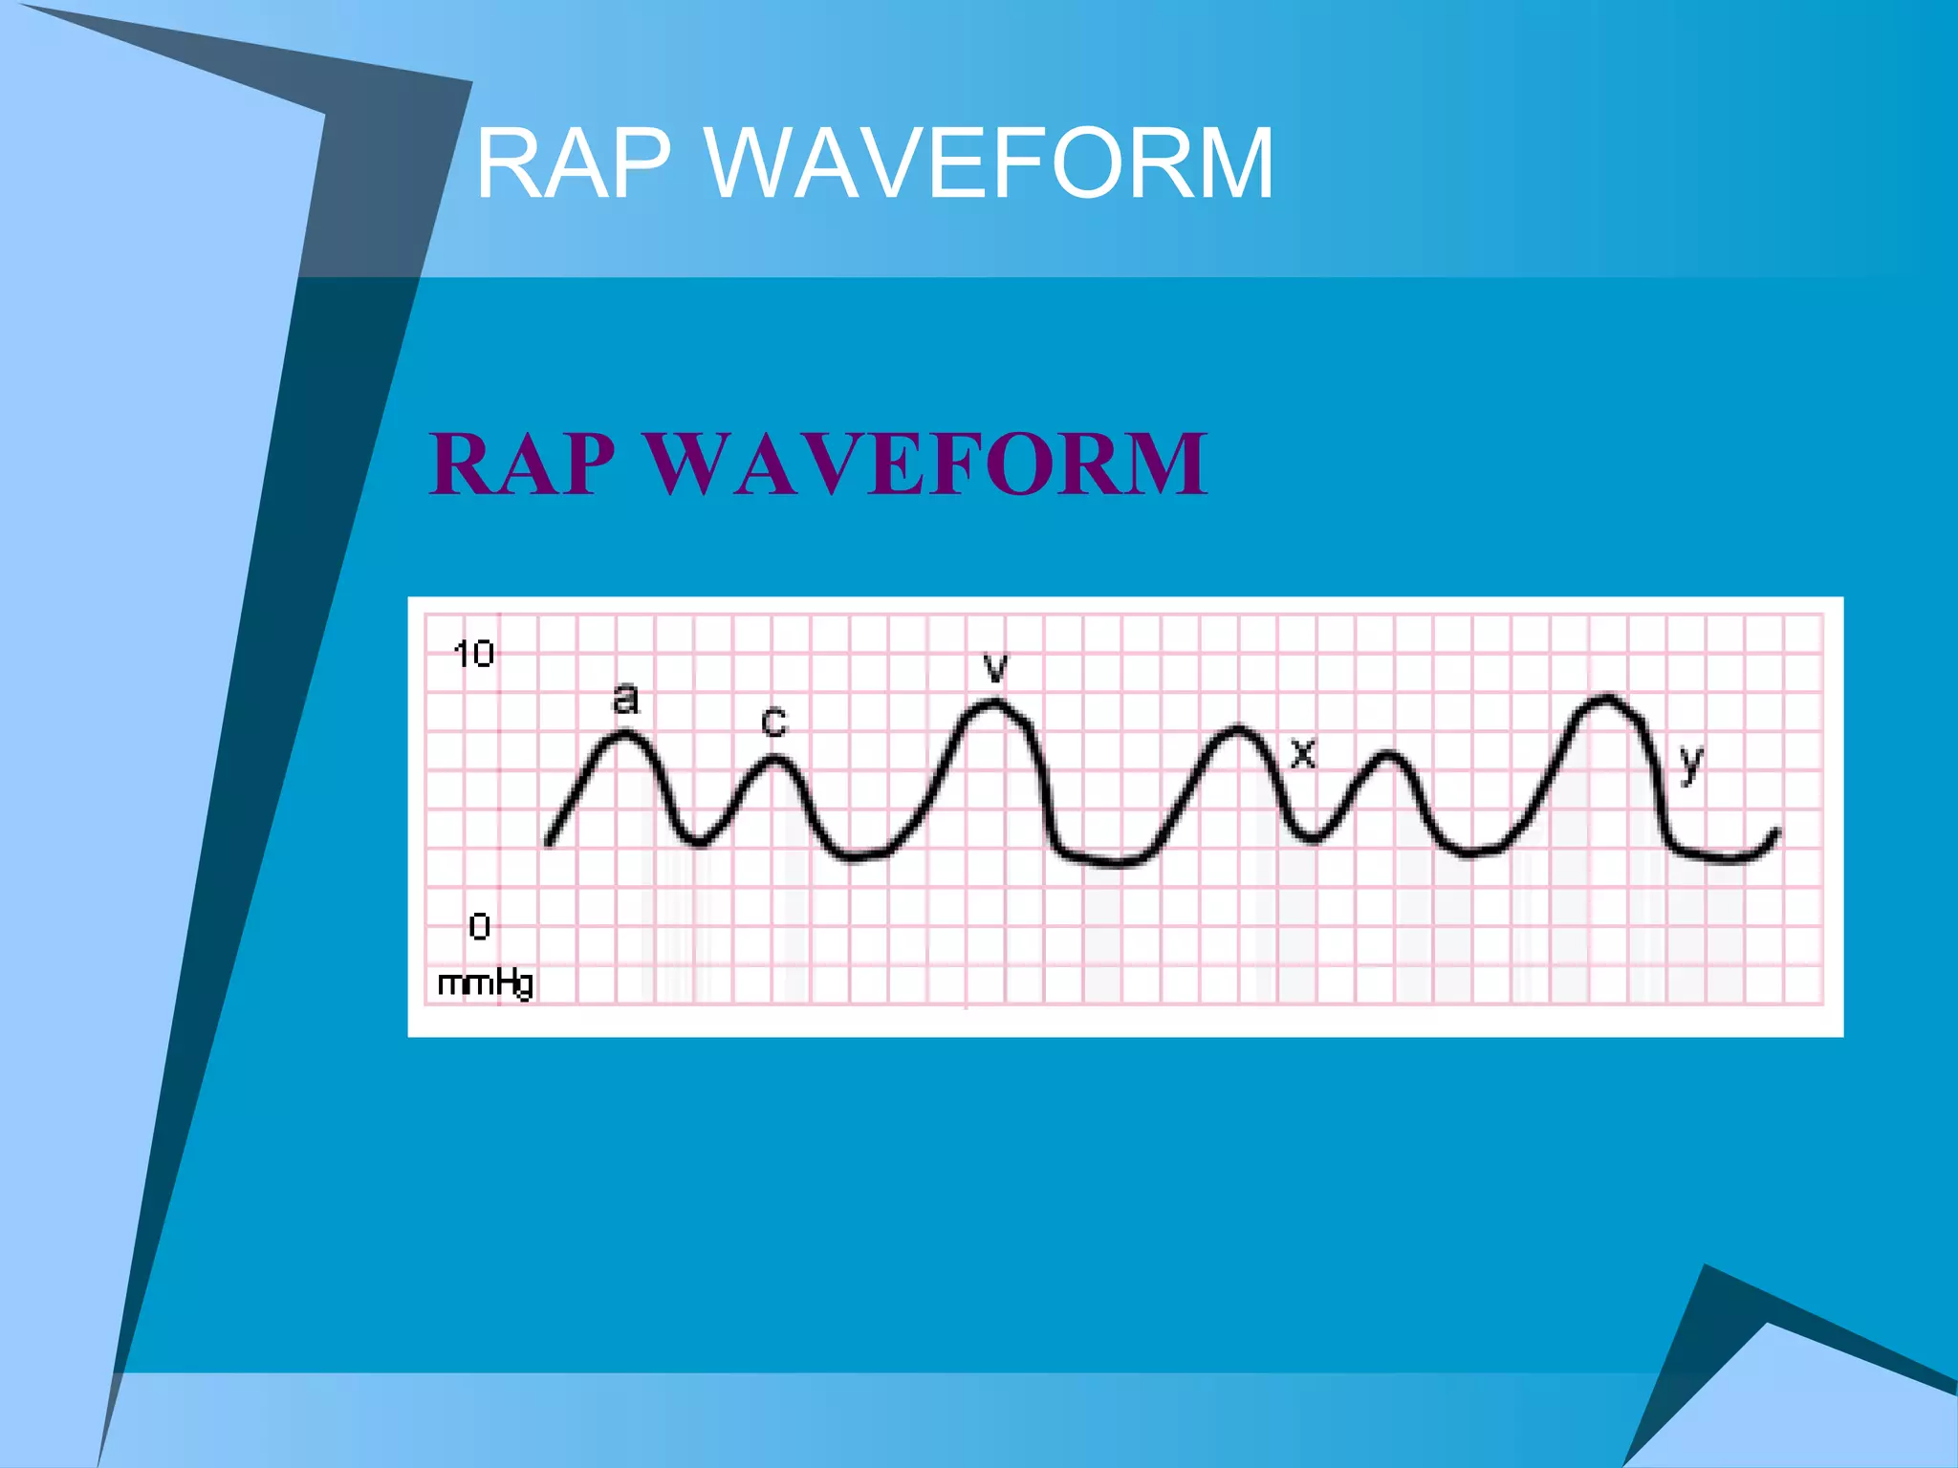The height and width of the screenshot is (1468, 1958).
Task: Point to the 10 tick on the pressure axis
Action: (x=473, y=655)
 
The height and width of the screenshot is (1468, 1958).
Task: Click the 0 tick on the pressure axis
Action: (x=479, y=926)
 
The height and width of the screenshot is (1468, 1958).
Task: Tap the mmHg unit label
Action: (x=485, y=982)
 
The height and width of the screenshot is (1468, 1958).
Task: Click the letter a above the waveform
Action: (x=624, y=699)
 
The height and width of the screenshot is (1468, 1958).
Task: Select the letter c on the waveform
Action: (x=773, y=721)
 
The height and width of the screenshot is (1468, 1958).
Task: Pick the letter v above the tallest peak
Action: (x=996, y=667)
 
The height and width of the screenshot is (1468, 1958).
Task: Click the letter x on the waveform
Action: (x=1303, y=753)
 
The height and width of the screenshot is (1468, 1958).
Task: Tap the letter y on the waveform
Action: (x=1691, y=763)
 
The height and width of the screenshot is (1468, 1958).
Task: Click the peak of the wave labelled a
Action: (x=626, y=734)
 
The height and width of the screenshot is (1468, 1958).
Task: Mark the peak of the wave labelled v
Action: (x=994, y=704)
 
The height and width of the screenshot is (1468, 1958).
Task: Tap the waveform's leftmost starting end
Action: (x=549, y=843)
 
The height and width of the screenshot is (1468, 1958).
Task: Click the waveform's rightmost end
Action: (x=1777, y=831)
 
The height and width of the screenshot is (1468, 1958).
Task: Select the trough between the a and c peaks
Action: (x=699, y=842)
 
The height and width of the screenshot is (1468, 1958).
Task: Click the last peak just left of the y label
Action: (x=1606, y=699)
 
